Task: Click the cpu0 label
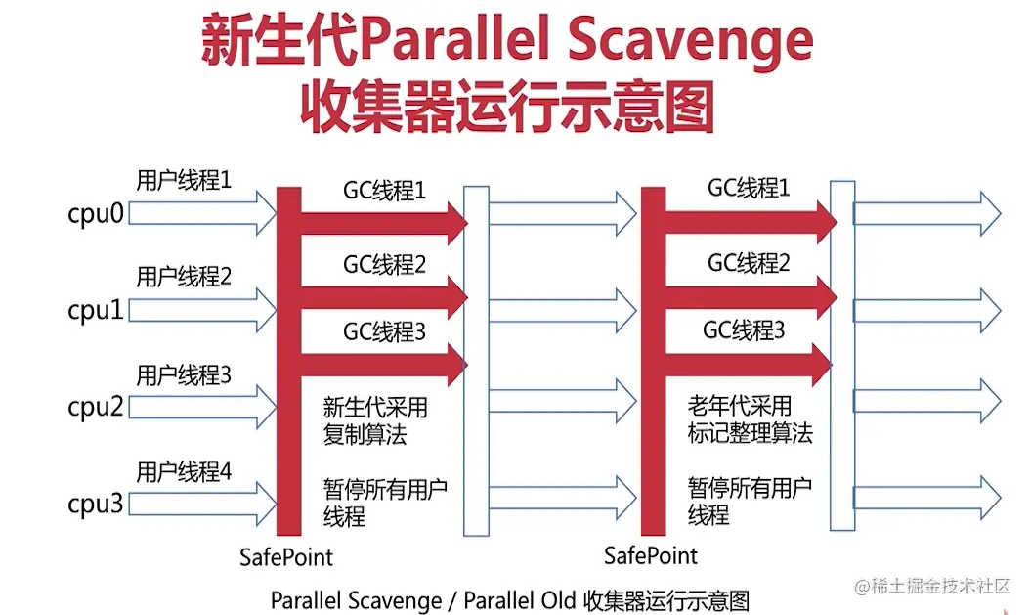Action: [96, 213]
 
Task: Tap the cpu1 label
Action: [96, 310]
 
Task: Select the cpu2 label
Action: [96, 407]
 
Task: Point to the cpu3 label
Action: [96, 504]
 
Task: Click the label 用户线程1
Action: [184, 180]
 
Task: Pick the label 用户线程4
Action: [184, 472]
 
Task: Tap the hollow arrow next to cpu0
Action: [202, 213]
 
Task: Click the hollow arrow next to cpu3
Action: [202, 504]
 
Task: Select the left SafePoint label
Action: [286, 557]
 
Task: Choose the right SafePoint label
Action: [651, 556]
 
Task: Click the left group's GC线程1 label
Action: [385, 191]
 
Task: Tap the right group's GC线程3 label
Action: [744, 329]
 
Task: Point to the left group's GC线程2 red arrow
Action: [384, 298]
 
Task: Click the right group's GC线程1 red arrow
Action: [751, 222]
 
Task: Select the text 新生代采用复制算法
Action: [375, 421]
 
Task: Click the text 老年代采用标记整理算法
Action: [751, 419]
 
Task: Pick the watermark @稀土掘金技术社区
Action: [932, 586]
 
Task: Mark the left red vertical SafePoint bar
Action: [288, 362]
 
